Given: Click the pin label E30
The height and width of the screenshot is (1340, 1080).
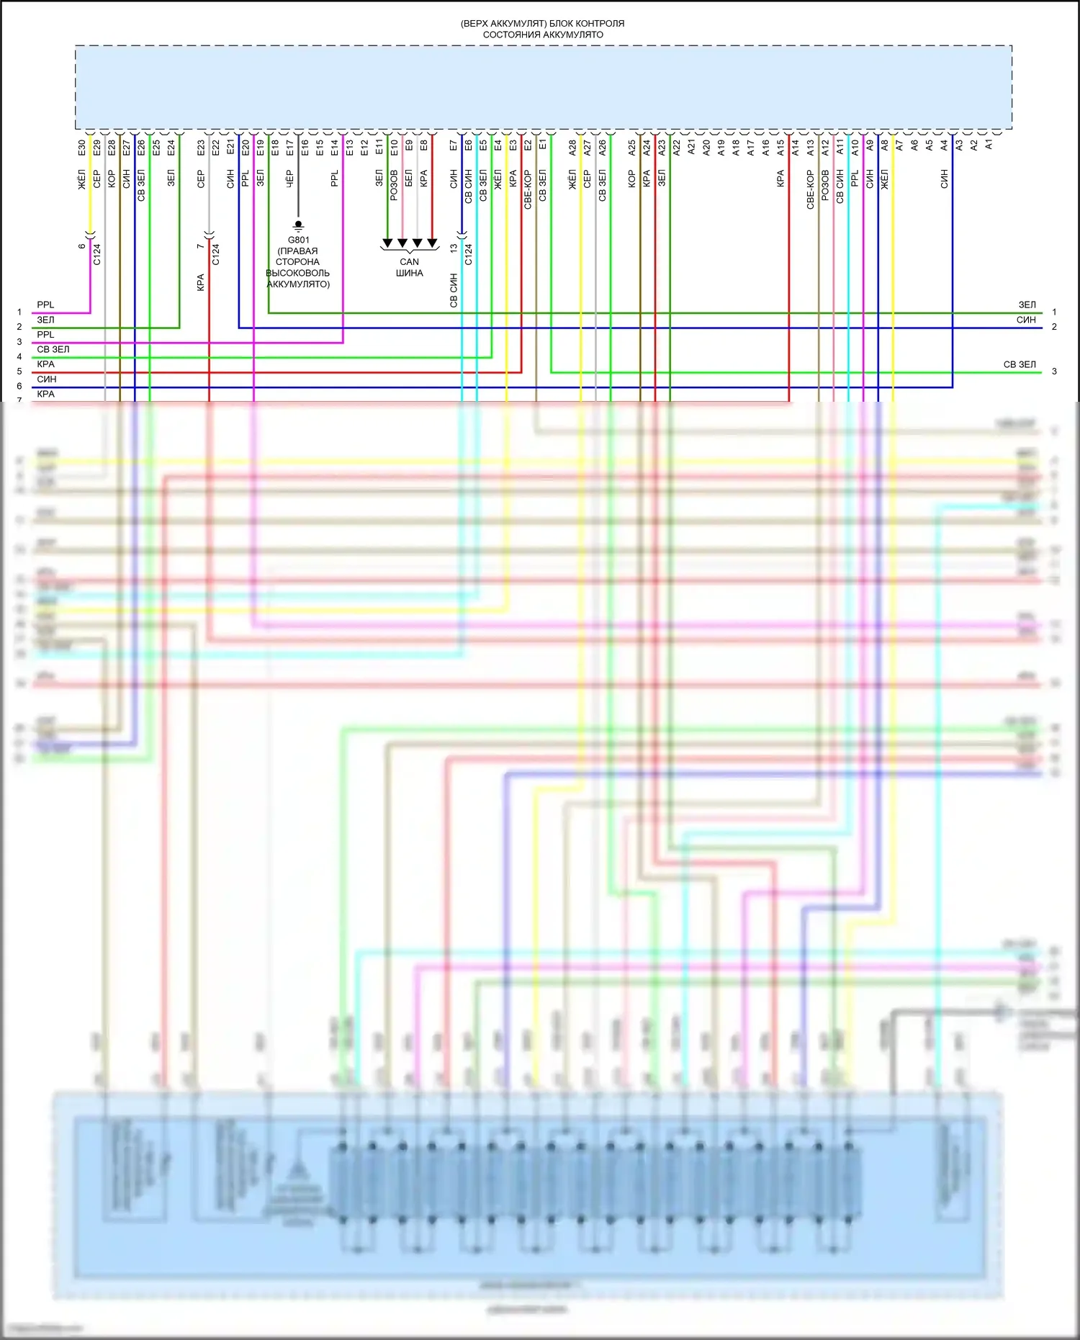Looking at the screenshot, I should [x=82, y=148].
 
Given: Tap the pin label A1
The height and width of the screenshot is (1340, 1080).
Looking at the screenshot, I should [x=989, y=145].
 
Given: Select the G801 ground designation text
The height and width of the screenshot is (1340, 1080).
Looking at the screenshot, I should [x=298, y=240].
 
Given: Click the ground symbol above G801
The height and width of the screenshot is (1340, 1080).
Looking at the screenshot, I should [x=298, y=225].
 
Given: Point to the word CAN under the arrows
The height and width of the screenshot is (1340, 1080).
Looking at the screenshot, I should [x=409, y=262].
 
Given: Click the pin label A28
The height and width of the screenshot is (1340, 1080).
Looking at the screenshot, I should [x=572, y=148].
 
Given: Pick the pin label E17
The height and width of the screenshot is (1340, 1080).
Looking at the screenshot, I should [x=289, y=148].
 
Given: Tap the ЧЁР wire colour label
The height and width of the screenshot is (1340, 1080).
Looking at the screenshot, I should [x=289, y=178].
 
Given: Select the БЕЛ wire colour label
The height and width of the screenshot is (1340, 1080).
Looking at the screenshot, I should [x=409, y=178].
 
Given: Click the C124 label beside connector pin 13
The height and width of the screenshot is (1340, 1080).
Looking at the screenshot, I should [x=469, y=254].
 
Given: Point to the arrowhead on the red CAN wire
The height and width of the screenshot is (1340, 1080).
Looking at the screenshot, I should [x=432, y=243].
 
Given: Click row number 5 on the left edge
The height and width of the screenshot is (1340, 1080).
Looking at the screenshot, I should [x=19, y=372].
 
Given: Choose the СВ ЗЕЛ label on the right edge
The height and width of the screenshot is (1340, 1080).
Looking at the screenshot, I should [x=1020, y=364].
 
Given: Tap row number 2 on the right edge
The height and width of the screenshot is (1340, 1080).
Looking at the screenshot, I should [x=1054, y=327].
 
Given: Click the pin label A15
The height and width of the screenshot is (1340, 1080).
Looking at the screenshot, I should [x=780, y=148].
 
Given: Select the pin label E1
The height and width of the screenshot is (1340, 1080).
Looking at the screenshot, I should [x=543, y=145].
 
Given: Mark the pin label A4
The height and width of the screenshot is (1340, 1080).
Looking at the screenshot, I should [x=944, y=145].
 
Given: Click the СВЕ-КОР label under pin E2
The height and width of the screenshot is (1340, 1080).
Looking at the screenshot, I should [x=528, y=189].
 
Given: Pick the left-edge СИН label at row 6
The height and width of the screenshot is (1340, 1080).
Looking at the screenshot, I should [x=47, y=379].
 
